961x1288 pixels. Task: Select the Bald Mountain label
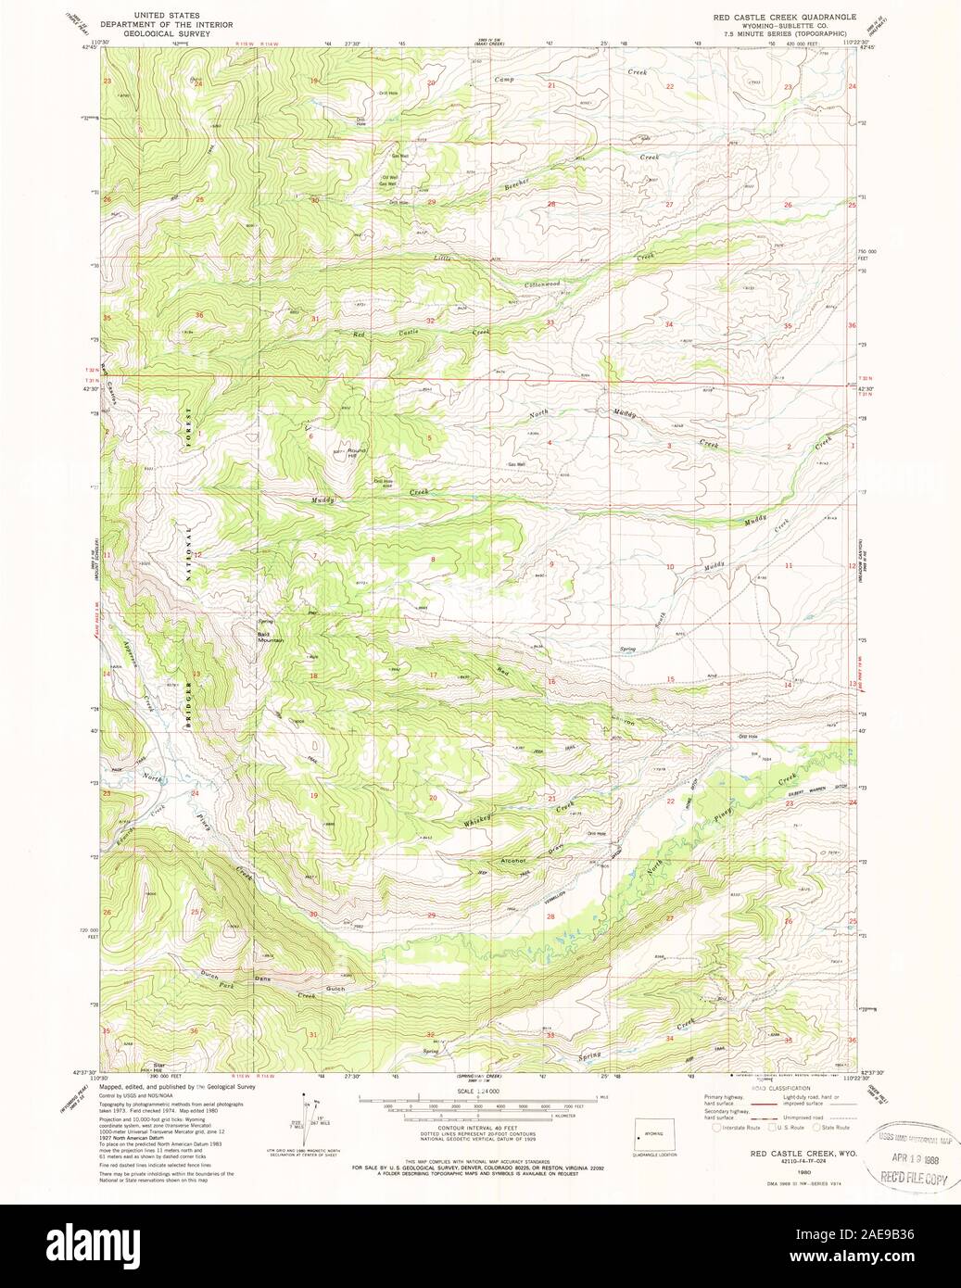270,638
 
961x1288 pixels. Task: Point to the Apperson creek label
130,656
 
